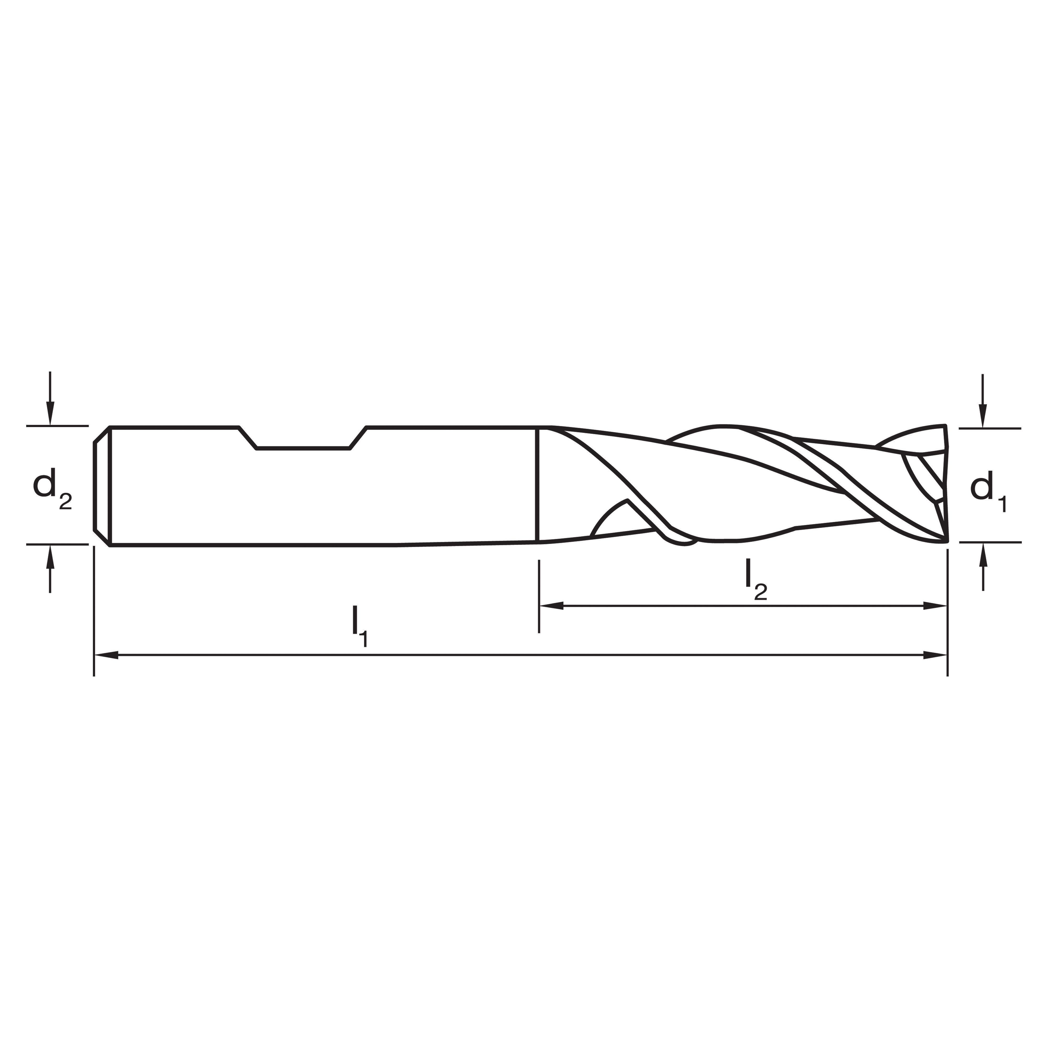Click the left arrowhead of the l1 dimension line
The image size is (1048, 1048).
(x=106, y=655)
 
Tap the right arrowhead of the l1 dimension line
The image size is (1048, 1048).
(x=935, y=655)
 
